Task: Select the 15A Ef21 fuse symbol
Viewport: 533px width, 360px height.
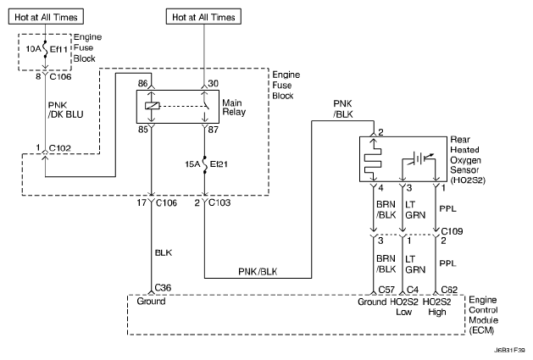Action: [x=204, y=162]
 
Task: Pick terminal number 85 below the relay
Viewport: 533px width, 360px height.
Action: [x=143, y=130]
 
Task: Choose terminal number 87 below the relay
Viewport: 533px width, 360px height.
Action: [x=214, y=130]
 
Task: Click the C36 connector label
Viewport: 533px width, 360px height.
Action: [x=164, y=287]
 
